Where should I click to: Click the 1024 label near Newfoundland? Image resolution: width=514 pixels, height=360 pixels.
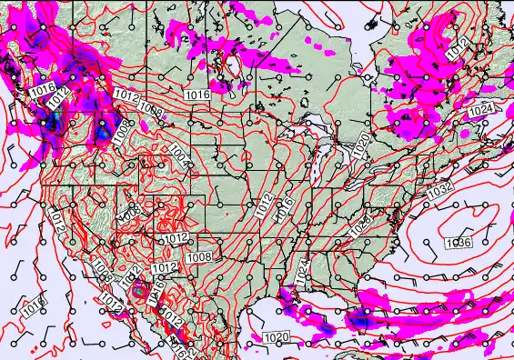point(481,111)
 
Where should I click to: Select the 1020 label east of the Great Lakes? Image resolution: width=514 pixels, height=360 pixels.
point(361,145)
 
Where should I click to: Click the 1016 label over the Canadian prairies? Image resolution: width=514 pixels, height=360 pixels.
point(197,95)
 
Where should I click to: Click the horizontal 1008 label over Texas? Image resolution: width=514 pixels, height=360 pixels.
point(199,257)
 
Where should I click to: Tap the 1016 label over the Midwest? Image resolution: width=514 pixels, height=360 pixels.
point(285,206)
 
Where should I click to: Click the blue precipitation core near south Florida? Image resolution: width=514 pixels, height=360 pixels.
point(364,319)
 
